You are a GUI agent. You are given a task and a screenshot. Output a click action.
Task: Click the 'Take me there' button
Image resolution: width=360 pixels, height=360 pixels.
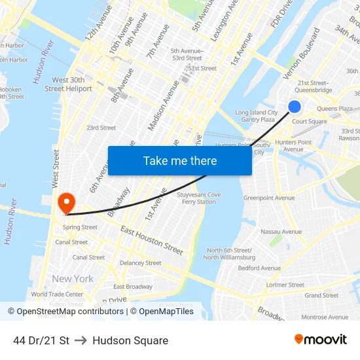[x=180, y=161]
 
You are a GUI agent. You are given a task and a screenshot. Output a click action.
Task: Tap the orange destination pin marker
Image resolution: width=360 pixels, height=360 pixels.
[x=66, y=201]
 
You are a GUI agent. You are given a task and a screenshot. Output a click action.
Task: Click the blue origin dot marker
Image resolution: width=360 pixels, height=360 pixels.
[x=295, y=106]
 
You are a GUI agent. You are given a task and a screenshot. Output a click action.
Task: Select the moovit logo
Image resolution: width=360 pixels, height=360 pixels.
[x=321, y=340]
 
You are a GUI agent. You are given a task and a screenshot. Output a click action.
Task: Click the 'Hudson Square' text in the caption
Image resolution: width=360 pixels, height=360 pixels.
[x=130, y=340]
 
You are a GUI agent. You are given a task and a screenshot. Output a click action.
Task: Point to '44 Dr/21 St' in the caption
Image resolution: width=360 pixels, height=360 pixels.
[x=41, y=340]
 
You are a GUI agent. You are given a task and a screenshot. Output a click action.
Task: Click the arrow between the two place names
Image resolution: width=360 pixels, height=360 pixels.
[x=81, y=340]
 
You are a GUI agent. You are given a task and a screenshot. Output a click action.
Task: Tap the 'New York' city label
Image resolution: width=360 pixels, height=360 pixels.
[x=73, y=279]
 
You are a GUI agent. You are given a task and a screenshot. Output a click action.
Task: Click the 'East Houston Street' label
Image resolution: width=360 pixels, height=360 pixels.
[x=152, y=240]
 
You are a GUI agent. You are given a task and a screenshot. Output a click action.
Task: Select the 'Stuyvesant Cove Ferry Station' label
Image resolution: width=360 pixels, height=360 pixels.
[x=199, y=198]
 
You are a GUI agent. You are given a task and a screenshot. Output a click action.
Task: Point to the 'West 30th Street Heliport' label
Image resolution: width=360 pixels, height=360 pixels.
[x=68, y=84]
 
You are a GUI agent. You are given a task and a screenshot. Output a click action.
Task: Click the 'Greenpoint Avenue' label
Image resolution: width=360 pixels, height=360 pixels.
[x=269, y=198]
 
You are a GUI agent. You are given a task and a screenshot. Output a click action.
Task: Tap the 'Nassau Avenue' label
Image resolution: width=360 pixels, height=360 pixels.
[x=281, y=232]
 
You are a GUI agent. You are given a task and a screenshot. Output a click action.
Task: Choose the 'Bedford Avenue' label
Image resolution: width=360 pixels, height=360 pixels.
[x=259, y=268]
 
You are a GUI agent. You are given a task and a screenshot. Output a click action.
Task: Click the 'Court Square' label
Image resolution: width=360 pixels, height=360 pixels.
[x=310, y=122]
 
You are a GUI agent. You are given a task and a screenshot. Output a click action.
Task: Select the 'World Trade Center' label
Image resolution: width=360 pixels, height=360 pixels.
[x=57, y=295]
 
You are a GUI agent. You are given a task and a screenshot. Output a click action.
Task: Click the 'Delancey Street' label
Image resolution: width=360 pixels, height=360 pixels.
[x=140, y=263]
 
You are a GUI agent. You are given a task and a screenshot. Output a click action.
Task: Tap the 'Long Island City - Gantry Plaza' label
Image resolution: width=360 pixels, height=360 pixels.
[x=256, y=117]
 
